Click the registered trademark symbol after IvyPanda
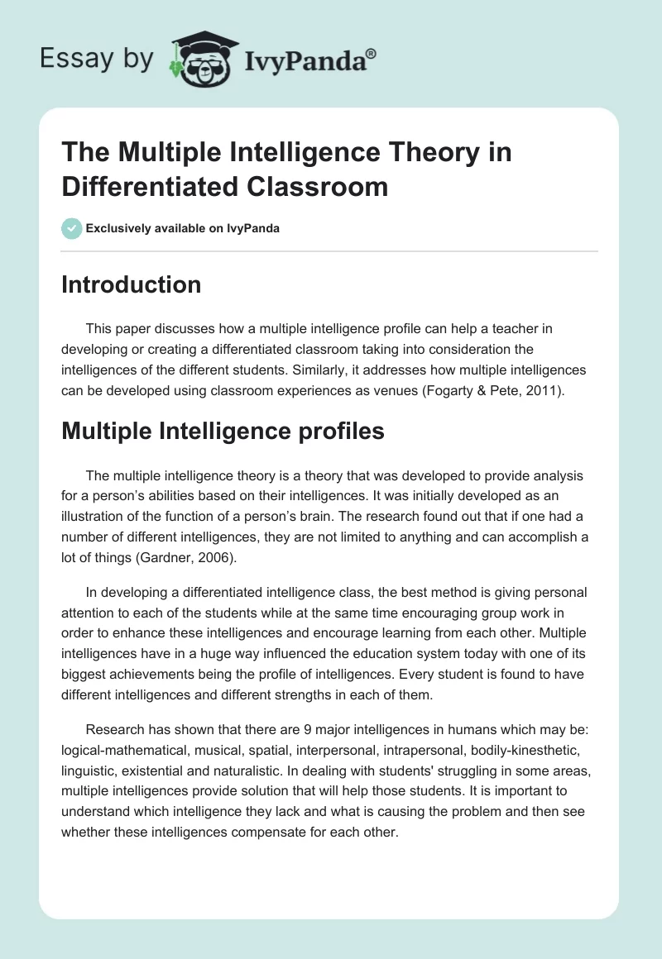pyautogui.click(x=372, y=53)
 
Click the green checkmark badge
pyautogui.click(x=71, y=228)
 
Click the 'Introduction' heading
pyautogui.click(x=132, y=284)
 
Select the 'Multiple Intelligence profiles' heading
pyautogui.click(x=223, y=431)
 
